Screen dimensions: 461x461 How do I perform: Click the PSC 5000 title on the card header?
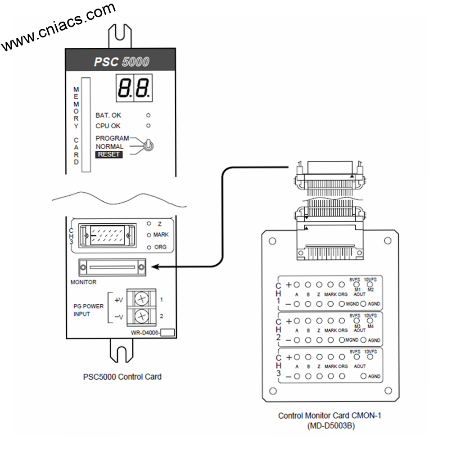[x=121, y=62]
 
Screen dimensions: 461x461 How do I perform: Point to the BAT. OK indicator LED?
[x=148, y=115]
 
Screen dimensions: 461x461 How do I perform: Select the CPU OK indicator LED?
[x=148, y=126]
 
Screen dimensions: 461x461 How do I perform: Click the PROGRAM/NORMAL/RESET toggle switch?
[x=148, y=145]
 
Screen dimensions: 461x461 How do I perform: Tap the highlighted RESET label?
[x=108, y=154]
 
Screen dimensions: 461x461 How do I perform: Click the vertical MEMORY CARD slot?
[x=86, y=125]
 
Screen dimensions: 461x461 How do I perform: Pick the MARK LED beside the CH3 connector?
[x=149, y=235]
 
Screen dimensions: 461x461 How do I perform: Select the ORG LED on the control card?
[x=149, y=247]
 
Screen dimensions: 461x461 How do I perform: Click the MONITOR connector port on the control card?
[x=112, y=267]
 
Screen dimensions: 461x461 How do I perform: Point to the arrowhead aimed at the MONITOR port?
[x=156, y=267]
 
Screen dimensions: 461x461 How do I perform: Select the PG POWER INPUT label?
[x=88, y=310]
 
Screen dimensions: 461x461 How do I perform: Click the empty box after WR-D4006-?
[x=167, y=333]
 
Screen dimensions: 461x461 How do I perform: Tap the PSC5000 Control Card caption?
[x=122, y=377]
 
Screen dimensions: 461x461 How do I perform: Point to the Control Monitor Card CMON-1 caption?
[x=329, y=416]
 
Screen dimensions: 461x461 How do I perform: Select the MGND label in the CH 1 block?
[x=352, y=304]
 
